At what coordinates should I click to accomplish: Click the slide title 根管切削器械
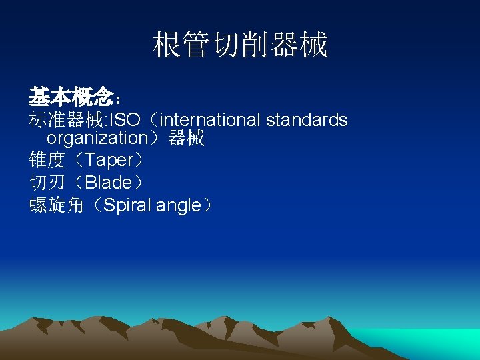click(x=240, y=45)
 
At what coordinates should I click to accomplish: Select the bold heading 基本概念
click(x=71, y=98)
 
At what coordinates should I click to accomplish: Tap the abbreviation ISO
click(x=125, y=120)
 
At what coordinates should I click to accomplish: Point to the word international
click(x=211, y=120)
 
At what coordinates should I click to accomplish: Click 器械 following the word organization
click(x=186, y=138)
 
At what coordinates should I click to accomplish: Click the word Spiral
click(x=129, y=205)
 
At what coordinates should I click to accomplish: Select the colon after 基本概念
click(x=118, y=100)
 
